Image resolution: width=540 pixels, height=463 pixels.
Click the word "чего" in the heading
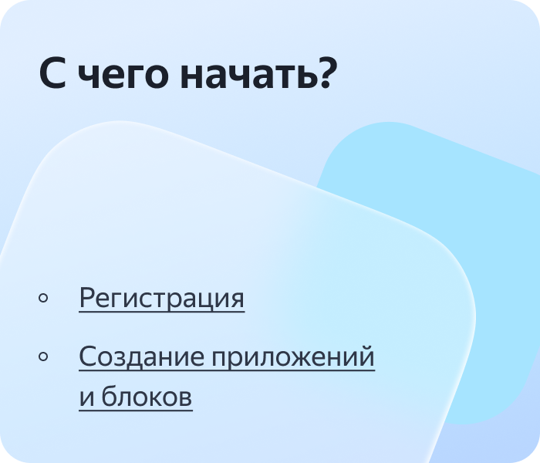(x=123, y=76)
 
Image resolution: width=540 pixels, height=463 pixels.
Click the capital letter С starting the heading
(x=52, y=73)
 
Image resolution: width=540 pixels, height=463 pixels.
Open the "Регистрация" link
(x=162, y=298)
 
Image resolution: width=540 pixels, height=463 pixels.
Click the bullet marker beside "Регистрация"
(x=43, y=298)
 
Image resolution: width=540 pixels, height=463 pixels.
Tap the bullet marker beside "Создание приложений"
(x=43, y=357)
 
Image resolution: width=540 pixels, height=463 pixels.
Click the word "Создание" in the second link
(x=141, y=357)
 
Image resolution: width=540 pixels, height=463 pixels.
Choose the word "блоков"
(x=147, y=397)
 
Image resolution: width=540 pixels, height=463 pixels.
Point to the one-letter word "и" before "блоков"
(x=86, y=398)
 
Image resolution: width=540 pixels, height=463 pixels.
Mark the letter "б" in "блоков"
(x=109, y=395)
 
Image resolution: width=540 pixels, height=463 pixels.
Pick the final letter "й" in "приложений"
(x=366, y=356)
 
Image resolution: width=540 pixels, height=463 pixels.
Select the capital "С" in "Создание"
(x=88, y=357)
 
